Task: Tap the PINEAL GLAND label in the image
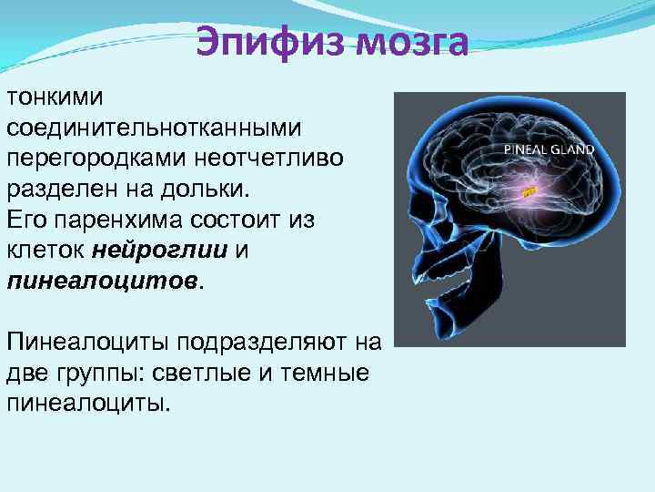(549, 149)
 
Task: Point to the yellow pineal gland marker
(529, 191)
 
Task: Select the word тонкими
(57, 96)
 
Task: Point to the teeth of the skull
(421, 290)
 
